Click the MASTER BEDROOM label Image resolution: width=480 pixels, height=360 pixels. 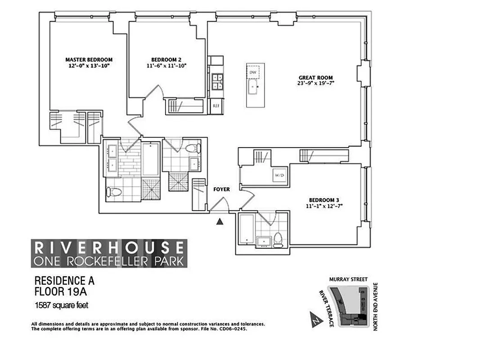pos(89,59)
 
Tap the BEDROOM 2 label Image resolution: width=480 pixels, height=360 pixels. pos(166,59)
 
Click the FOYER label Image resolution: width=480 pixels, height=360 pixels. pos(221,189)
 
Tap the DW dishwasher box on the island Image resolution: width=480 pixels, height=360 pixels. pos(253,72)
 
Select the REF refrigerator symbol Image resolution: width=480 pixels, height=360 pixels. pos(216,106)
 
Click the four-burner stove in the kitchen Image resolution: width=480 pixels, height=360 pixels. pos(217,81)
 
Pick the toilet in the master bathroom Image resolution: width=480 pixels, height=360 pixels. pos(113,193)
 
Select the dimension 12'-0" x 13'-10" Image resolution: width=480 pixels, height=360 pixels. pos(89,66)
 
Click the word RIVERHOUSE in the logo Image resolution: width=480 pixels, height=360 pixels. pos(109,247)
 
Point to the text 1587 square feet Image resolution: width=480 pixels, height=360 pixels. pos(62,306)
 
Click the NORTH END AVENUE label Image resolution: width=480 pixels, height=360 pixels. pos(377,307)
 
